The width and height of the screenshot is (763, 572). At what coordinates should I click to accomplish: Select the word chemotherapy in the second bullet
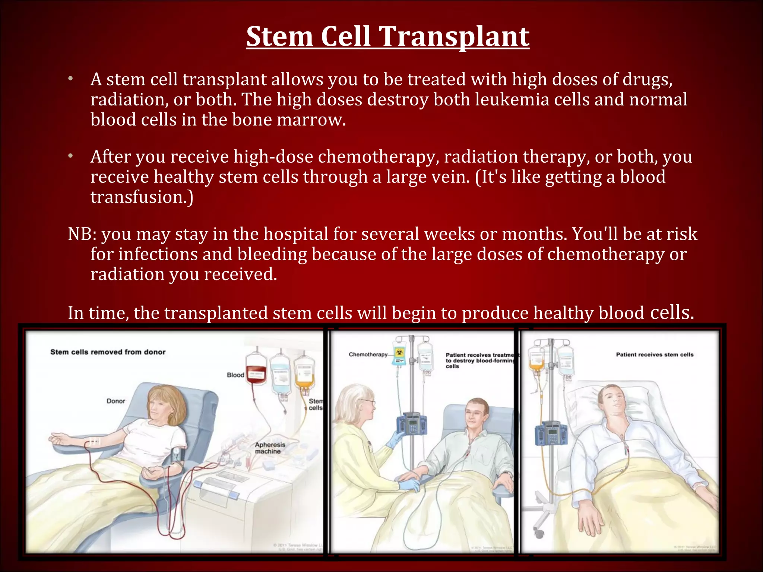tap(376, 157)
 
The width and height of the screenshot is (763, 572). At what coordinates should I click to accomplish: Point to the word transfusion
tap(142, 197)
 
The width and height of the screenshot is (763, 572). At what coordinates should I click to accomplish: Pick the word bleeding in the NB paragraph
tap(272, 254)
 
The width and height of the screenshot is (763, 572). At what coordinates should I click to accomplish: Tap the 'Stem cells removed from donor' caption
tap(108, 352)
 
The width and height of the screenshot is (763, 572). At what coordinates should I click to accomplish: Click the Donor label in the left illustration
tap(115, 401)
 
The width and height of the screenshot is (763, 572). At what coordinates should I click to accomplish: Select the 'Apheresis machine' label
tap(270, 448)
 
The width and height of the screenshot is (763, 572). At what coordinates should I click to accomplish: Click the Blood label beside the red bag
tap(235, 375)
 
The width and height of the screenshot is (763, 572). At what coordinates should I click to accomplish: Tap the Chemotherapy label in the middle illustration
tap(368, 355)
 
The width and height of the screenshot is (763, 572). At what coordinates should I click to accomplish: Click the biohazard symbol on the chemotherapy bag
tap(399, 352)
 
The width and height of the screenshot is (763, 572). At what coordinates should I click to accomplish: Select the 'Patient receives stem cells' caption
tap(655, 355)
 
